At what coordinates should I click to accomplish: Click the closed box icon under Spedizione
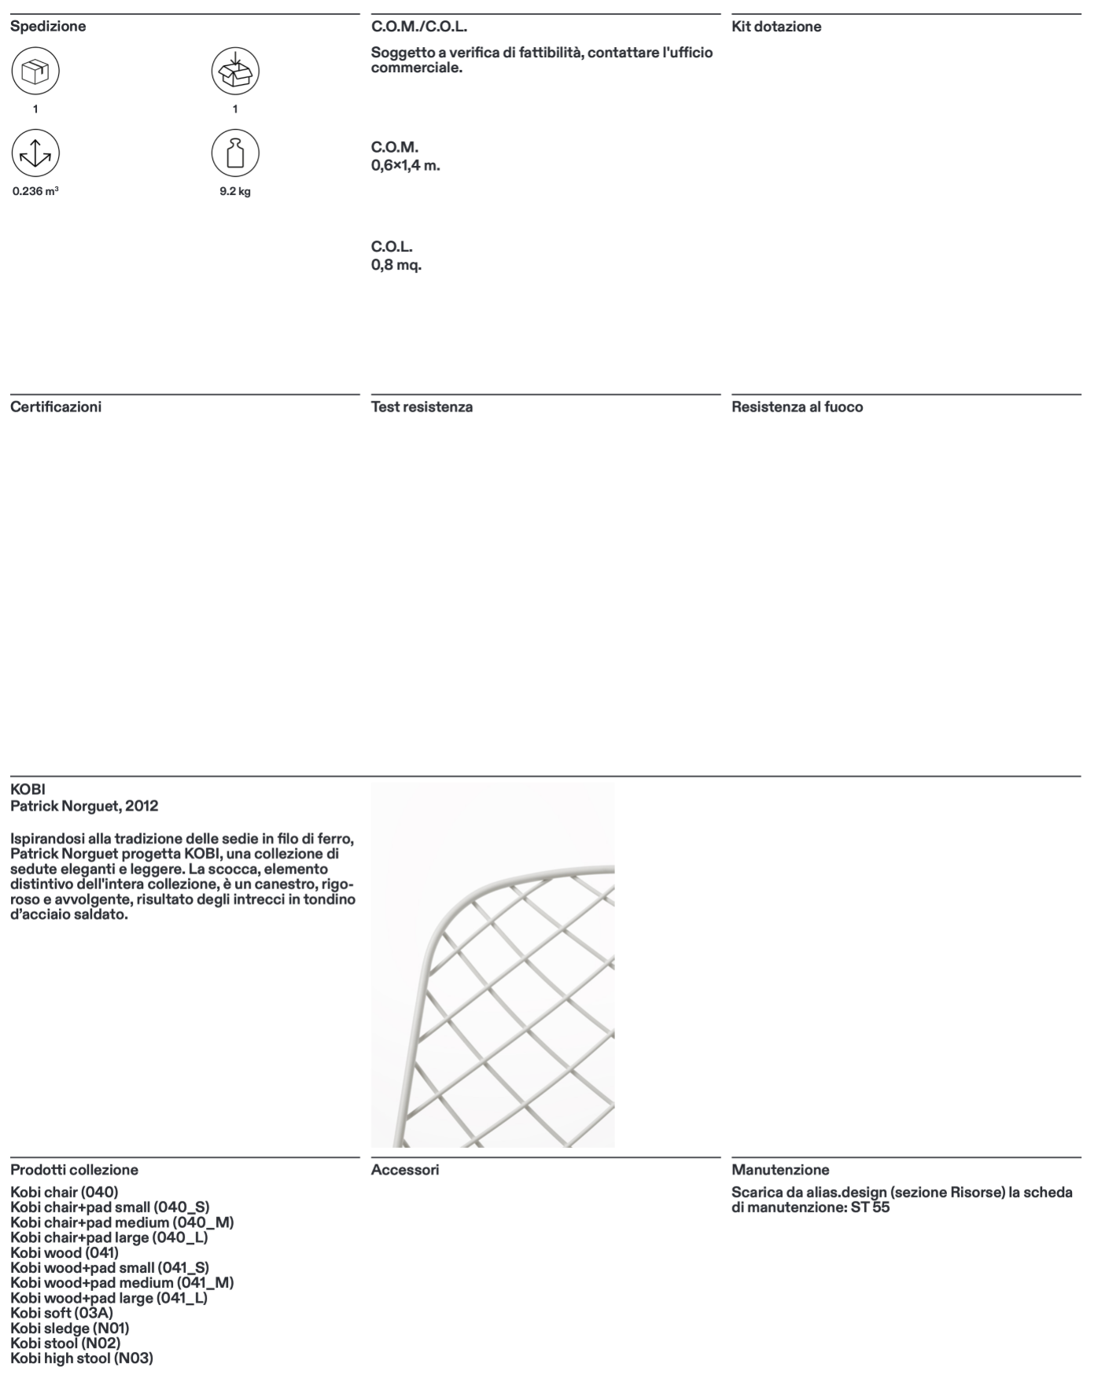[35, 72]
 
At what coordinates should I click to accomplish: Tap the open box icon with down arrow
[234, 72]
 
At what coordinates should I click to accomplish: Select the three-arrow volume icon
[35, 153]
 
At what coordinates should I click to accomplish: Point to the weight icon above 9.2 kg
[234, 153]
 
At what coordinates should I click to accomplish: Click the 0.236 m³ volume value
[35, 191]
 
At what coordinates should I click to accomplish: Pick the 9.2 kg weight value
[235, 191]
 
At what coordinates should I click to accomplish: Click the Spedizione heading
[48, 27]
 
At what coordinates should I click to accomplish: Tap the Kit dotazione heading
[776, 27]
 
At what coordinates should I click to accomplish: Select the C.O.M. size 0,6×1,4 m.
[405, 166]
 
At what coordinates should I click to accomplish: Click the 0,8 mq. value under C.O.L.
[396, 265]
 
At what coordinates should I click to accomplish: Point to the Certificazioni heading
[56, 407]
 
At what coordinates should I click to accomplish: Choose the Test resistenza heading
[422, 407]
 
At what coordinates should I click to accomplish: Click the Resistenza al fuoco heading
[797, 407]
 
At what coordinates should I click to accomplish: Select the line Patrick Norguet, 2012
[84, 806]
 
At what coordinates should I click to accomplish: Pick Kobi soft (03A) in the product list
[62, 1313]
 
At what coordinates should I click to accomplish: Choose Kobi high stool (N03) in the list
[82, 1358]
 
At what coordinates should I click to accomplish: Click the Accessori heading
[405, 1170]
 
